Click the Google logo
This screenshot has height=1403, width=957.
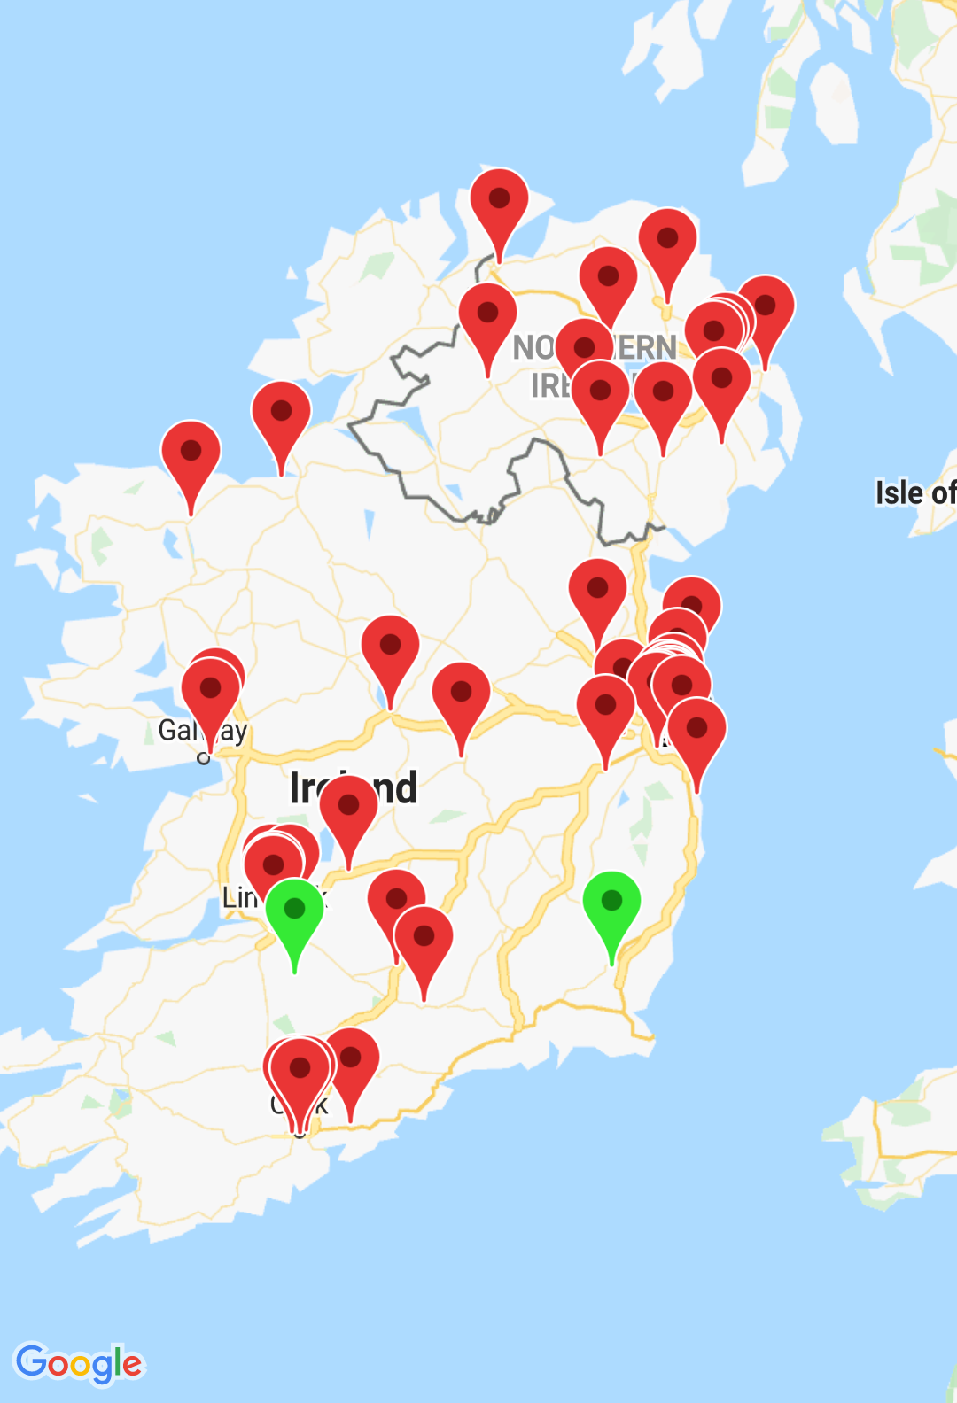click(x=79, y=1363)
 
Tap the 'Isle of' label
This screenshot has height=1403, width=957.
click(x=914, y=492)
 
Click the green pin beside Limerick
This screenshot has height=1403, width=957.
click(x=294, y=912)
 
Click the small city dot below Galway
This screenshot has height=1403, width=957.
click(x=204, y=758)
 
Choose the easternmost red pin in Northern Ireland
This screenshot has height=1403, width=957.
click(x=766, y=309)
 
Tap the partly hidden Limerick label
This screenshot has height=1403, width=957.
click(x=238, y=898)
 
